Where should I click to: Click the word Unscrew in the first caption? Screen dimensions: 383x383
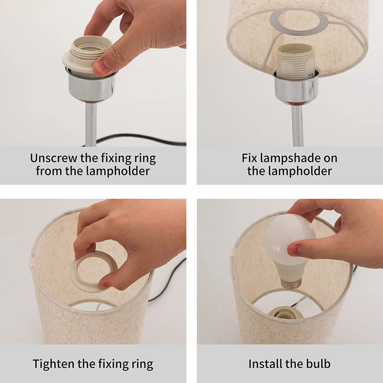coord(53,158)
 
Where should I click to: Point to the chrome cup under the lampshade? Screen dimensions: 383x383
coord(295,88)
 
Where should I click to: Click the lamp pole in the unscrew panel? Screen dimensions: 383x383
coord(90,124)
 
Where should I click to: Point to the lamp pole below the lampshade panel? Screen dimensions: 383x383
coord(297,125)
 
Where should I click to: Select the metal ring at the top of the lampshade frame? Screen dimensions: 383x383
coord(298,23)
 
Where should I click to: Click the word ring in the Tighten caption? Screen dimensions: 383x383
coord(141,364)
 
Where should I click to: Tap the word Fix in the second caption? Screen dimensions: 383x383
coord(249,158)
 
